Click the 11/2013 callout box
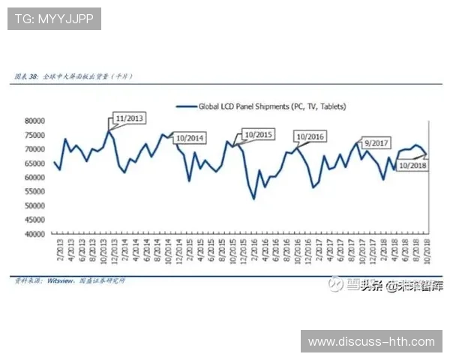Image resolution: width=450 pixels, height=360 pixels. [x=129, y=119]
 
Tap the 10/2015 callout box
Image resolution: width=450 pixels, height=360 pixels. [x=259, y=135]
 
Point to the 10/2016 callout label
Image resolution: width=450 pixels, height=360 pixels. [x=310, y=136]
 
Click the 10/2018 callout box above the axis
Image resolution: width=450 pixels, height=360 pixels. [x=412, y=164]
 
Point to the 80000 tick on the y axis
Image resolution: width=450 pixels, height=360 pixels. [x=34, y=121]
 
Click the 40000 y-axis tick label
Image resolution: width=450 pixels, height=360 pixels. [x=34, y=234]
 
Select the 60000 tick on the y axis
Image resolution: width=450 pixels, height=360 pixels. [x=34, y=178]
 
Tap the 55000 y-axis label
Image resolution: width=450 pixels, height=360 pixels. [x=34, y=192]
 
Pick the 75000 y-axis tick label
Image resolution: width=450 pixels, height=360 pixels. [x=34, y=135]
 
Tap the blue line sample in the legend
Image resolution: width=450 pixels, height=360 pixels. [x=185, y=106]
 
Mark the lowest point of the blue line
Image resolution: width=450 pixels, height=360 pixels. [x=254, y=198]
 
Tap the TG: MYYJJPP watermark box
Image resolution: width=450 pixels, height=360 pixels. [x=54, y=19]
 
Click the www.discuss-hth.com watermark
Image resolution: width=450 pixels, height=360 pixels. [x=371, y=342]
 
